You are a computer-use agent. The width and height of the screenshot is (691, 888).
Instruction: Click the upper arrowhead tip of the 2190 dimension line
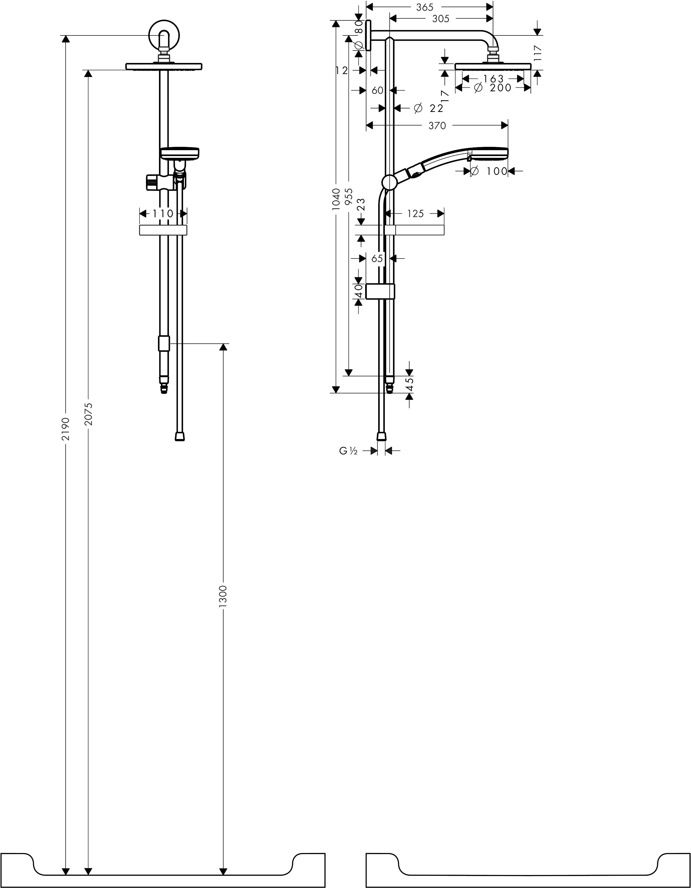(66, 35)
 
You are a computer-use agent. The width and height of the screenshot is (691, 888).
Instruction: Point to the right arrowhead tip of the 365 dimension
(493, 7)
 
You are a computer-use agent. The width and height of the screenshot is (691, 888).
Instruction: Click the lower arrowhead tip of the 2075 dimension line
(88, 872)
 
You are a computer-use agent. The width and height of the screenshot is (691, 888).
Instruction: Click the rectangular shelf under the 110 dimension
(163, 230)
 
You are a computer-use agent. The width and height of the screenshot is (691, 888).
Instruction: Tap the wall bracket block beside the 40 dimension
(380, 291)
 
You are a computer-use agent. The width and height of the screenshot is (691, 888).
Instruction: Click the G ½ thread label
(348, 451)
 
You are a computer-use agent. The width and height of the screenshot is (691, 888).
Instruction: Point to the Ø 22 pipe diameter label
(428, 108)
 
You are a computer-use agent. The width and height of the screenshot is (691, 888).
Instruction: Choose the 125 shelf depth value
(415, 213)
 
